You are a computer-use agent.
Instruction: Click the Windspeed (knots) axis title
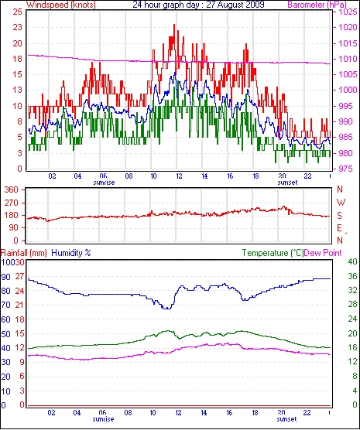click(61, 5)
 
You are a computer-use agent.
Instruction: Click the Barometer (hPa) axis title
click(317, 5)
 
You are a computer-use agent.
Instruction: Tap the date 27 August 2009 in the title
click(235, 5)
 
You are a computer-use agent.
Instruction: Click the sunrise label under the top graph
click(104, 183)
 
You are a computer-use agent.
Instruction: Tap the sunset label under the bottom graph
click(287, 419)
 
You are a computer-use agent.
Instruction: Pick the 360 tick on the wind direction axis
click(12, 189)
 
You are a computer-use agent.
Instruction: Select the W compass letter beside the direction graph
click(341, 203)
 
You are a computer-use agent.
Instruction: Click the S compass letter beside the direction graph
click(340, 216)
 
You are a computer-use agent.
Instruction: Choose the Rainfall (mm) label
click(24, 253)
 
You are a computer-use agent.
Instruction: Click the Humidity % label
click(71, 253)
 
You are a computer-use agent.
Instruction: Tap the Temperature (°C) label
click(273, 253)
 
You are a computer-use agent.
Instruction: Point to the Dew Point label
click(323, 253)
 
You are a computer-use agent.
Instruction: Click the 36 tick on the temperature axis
click(352, 276)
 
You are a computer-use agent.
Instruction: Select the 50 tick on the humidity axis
click(5, 334)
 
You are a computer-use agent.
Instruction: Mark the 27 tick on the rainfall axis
click(20, 276)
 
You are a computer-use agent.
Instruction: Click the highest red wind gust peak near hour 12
click(174, 25)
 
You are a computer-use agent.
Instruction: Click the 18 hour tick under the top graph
click(255, 176)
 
